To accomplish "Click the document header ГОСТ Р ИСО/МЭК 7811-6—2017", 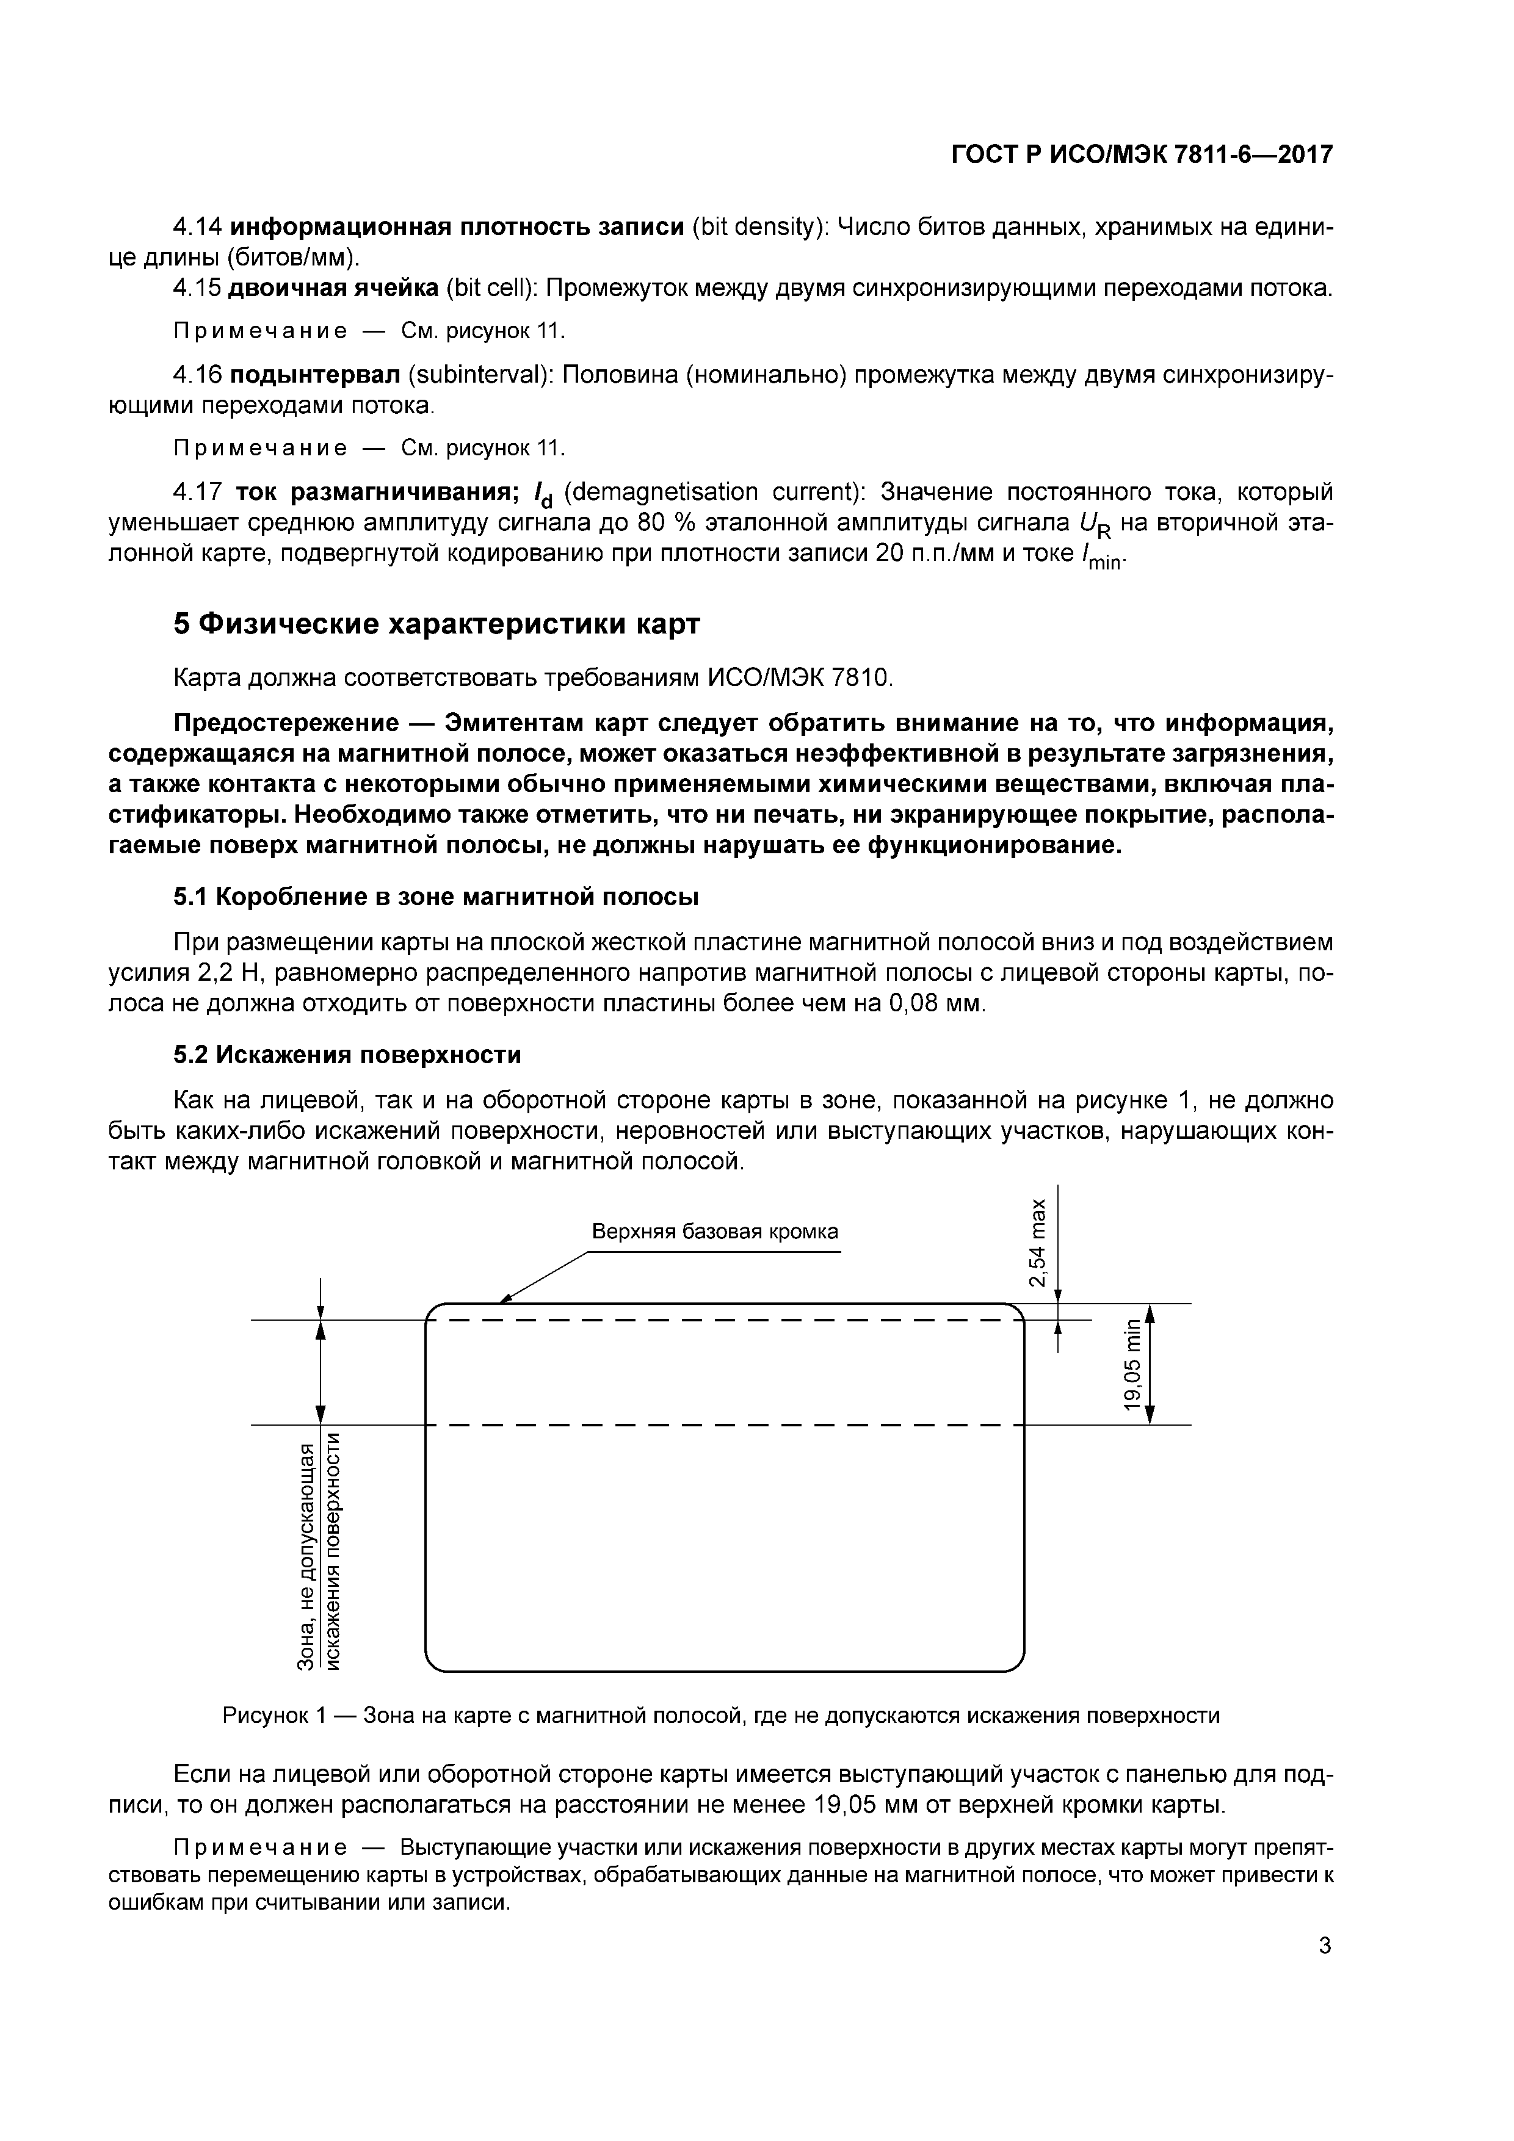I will coord(1142,155).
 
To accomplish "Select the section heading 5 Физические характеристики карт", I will coord(436,624).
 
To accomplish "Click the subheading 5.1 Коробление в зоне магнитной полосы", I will coord(436,897).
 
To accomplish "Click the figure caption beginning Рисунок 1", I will coord(720,1716).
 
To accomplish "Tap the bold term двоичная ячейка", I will coord(334,288).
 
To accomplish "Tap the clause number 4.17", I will coord(198,491).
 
